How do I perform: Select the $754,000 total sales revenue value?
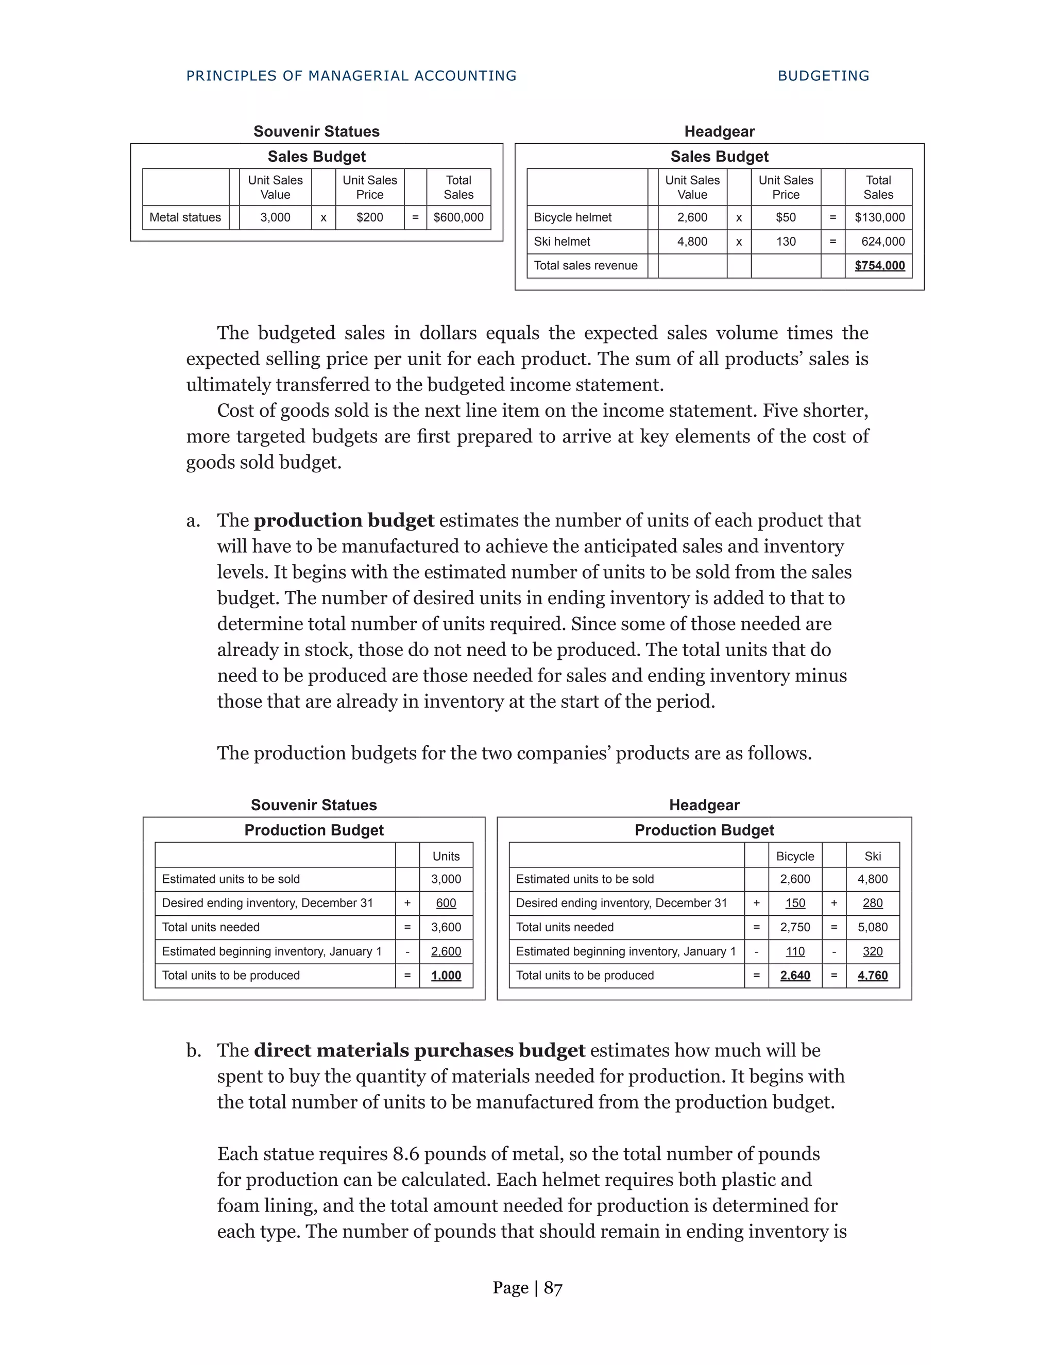879,266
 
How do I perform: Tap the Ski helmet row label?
561,242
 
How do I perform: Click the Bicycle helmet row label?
572,217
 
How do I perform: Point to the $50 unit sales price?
786,217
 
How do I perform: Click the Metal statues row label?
185,217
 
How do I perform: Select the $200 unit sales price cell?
369,217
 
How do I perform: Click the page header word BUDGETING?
823,76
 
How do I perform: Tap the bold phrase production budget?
344,521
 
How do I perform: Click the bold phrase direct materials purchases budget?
419,1051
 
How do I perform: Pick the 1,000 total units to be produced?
446,976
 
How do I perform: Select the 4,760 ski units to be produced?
873,976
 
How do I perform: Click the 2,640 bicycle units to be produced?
795,976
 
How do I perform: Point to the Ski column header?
873,856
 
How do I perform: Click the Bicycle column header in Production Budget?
795,856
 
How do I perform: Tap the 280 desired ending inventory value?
873,903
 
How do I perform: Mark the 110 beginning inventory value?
795,952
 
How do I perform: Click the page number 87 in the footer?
553,1288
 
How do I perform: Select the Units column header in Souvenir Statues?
446,856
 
